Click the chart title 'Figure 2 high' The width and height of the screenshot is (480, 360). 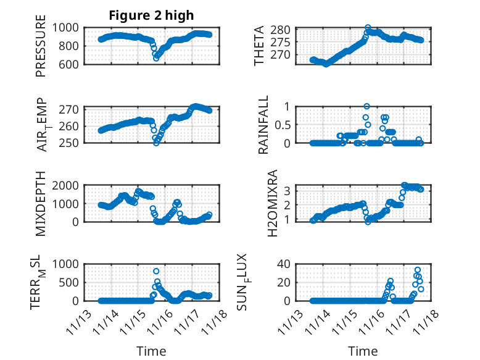[x=151, y=15]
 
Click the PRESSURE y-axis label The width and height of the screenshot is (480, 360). [x=41, y=50]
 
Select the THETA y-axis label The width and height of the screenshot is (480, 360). [x=259, y=46]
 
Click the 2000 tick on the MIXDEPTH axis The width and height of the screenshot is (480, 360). [x=65, y=185]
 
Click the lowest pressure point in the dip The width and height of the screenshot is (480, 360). [x=156, y=58]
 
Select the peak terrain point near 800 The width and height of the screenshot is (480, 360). [x=156, y=271]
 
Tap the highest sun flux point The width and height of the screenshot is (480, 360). [x=418, y=270]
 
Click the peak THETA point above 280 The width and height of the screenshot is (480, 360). [x=368, y=28]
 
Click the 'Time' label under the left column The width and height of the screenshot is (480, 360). [x=151, y=351]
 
